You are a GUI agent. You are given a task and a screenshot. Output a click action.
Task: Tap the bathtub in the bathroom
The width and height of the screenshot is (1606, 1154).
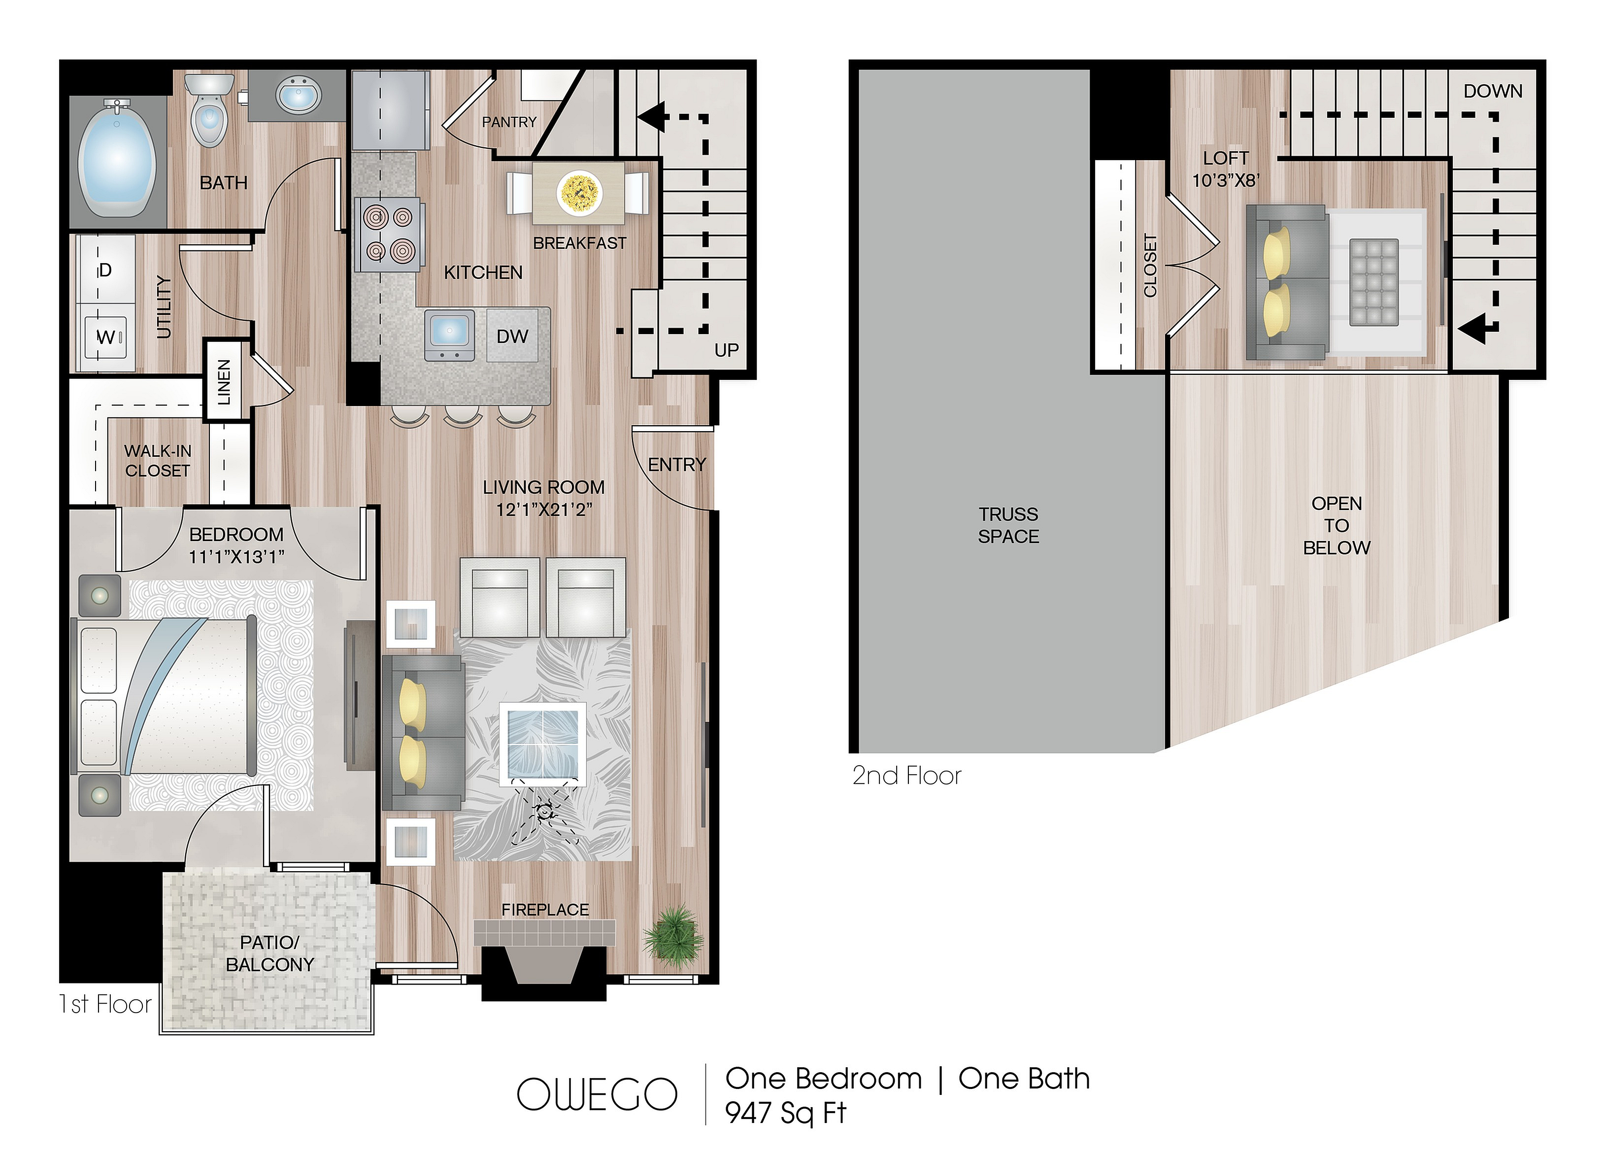pyautogui.click(x=118, y=158)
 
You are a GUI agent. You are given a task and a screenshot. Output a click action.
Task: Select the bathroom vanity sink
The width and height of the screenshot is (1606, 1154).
pyautogui.click(x=298, y=97)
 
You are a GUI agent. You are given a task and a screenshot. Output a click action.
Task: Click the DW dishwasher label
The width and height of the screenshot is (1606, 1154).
pyautogui.click(x=513, y=337)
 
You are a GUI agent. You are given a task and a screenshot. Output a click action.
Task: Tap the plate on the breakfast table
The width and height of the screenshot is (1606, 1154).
pyautogui.click(x=580, y=191)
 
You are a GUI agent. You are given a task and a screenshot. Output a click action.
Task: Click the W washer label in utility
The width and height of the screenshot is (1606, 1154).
pyautogui.click(x=105, y=337)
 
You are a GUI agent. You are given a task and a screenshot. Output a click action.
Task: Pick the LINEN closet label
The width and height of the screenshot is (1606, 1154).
pyautogui.click(x=224, y=382)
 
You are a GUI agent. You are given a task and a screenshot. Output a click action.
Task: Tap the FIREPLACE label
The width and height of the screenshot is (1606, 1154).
pyautogui.click(x=545, y=910)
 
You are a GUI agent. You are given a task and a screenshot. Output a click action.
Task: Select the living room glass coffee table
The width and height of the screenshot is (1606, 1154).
pyautogui.click(x=543, y=744)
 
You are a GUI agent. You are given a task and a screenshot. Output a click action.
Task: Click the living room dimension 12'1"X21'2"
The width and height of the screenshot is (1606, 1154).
pyautogui.click(x=544, y=509)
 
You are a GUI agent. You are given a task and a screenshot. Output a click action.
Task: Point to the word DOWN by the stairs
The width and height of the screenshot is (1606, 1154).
pyautogui.click(x=1493, y=91)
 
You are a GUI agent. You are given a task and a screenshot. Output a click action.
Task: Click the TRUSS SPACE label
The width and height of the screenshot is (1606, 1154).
pyautogui.click(x=1008, y=525)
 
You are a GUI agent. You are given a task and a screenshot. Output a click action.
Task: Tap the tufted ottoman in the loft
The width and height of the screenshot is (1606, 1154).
pyautogui.click(x=1374, y=282)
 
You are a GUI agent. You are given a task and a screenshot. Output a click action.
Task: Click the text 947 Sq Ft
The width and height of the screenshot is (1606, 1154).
pyautogui.click(x=785, y=1114)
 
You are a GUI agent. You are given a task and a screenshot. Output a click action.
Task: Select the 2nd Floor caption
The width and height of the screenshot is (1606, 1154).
pyautogui.click(x=907, y=777)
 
